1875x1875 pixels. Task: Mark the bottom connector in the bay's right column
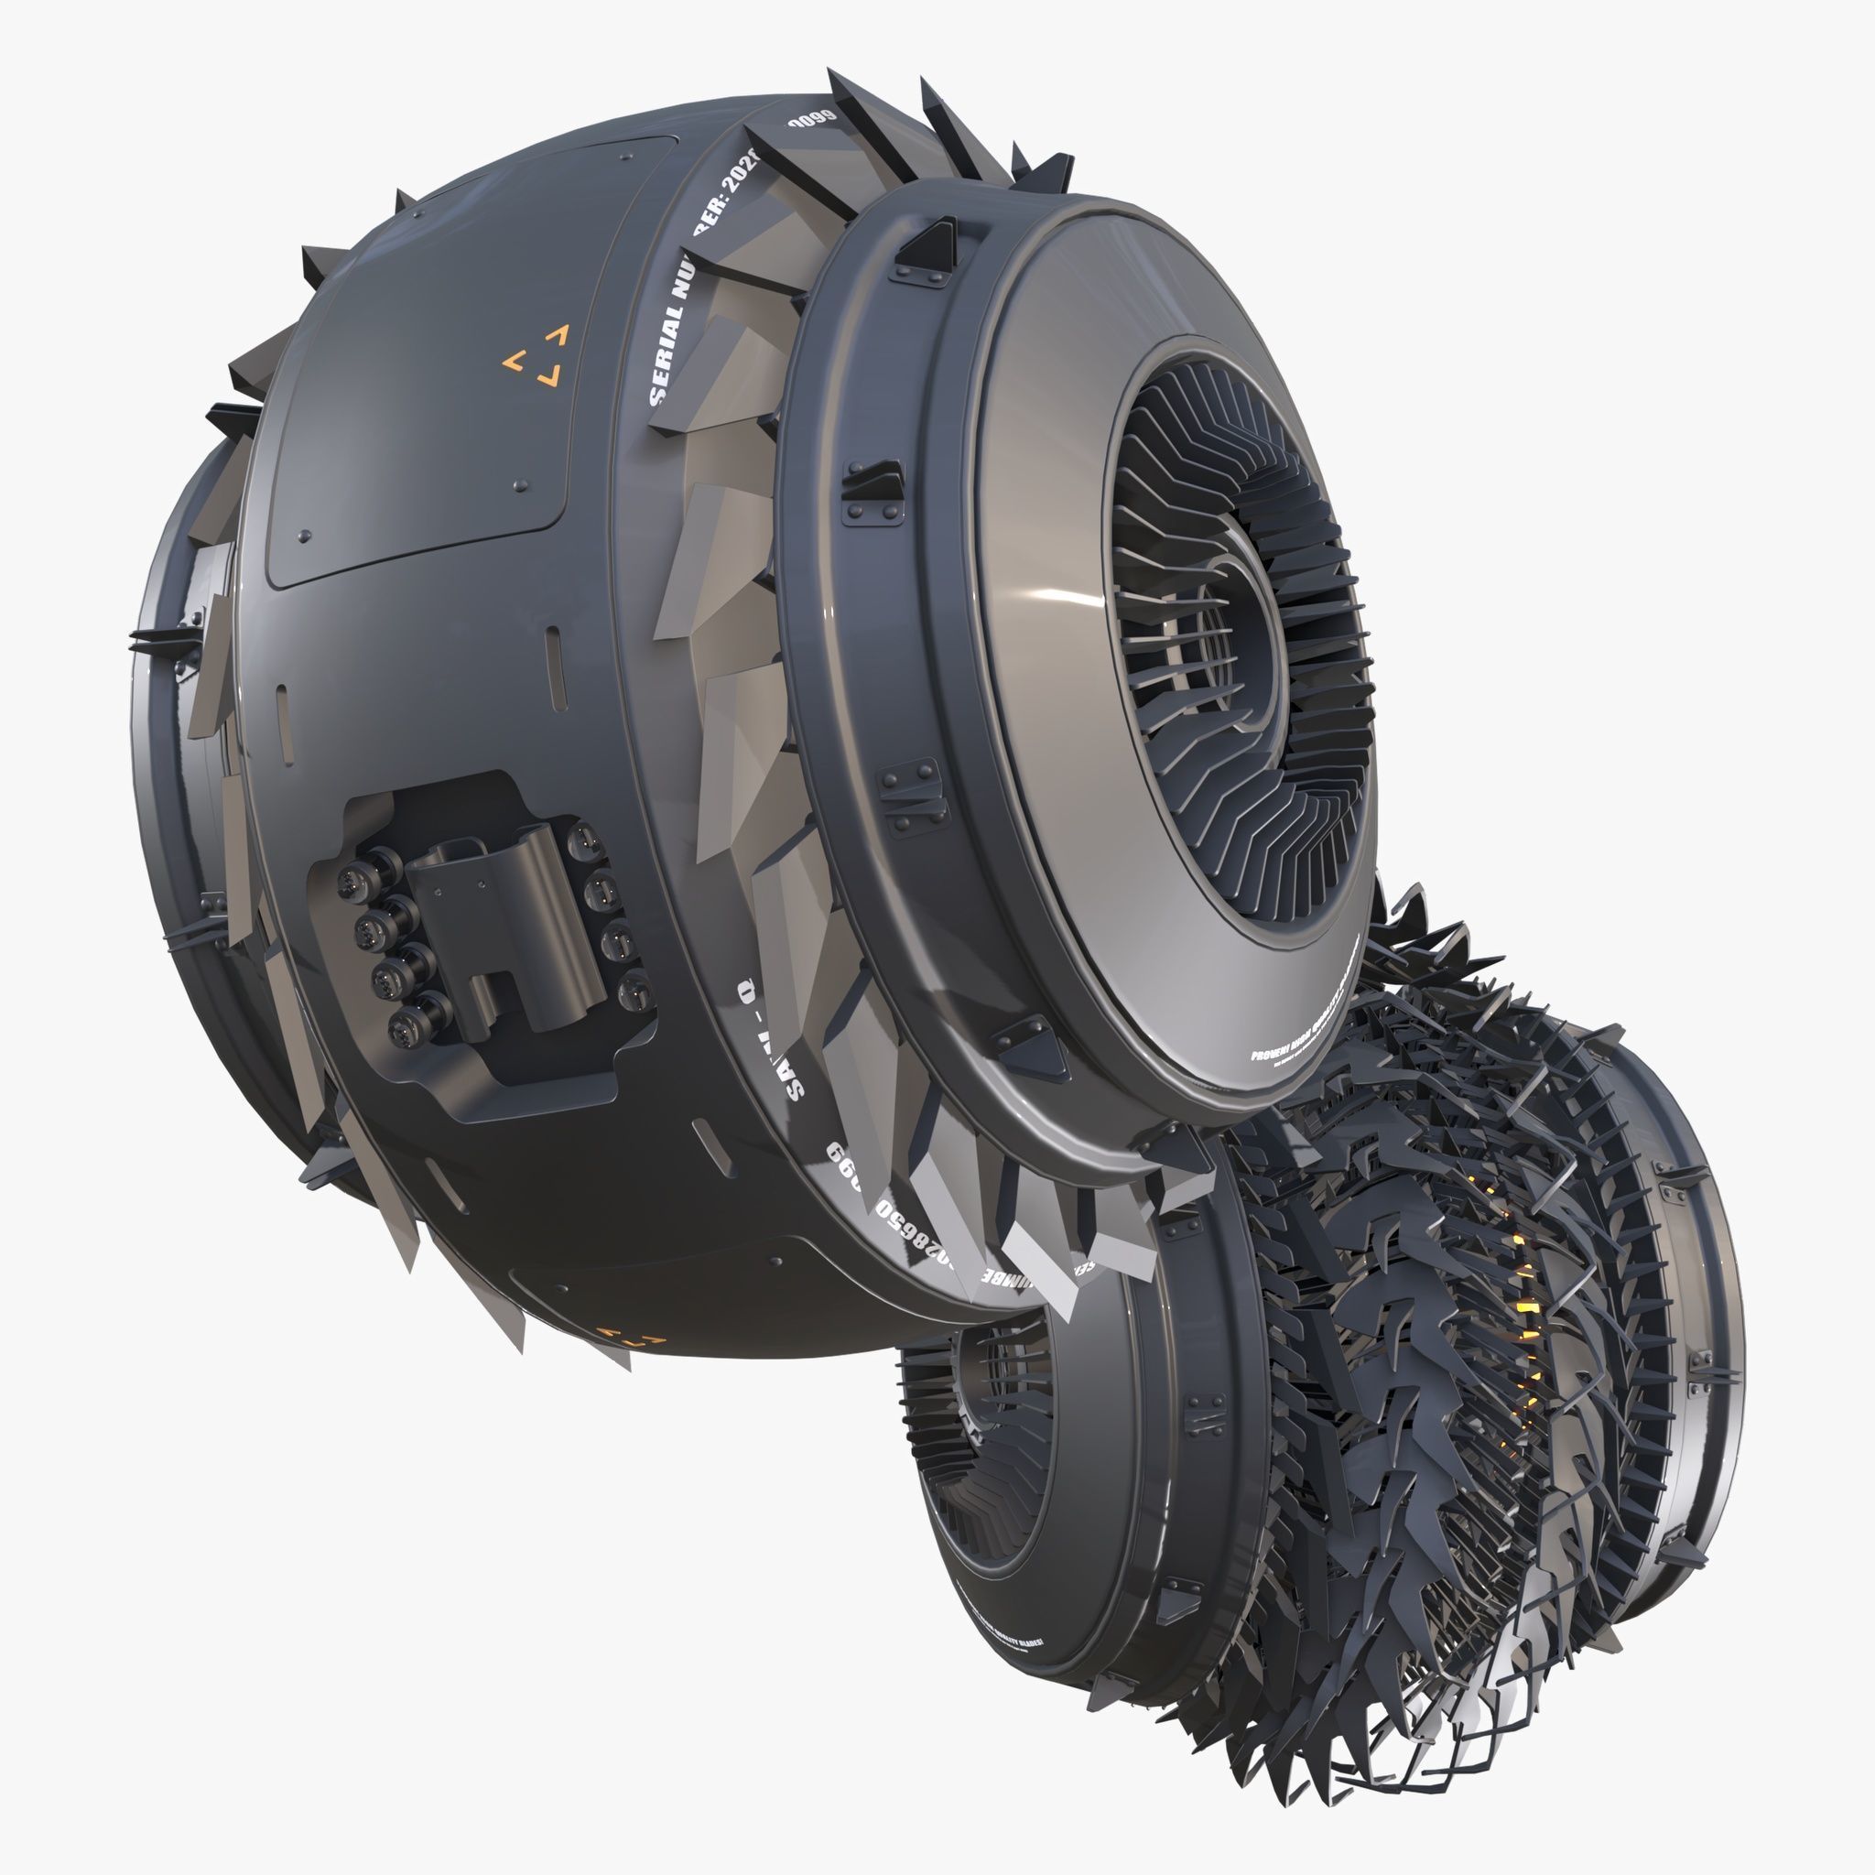point(632,991)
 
